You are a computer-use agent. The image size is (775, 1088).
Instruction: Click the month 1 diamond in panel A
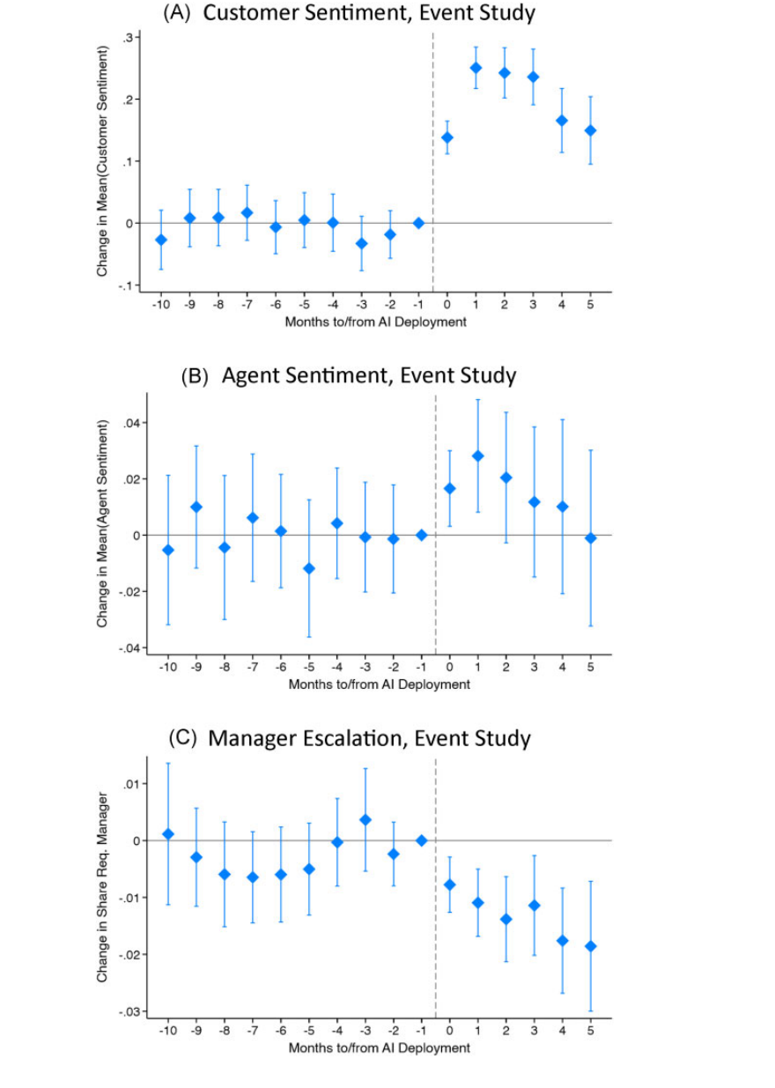476,68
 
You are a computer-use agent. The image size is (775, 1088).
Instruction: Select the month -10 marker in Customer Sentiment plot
161,240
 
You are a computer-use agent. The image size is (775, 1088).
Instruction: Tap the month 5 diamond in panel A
590,130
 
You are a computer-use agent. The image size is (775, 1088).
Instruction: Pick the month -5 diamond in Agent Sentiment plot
309,568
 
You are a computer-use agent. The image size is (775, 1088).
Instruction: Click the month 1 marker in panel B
478,455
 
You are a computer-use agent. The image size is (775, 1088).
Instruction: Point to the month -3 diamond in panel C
365,820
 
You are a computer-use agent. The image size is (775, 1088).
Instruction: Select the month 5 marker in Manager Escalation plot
590,946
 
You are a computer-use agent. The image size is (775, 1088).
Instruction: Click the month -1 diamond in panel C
422,840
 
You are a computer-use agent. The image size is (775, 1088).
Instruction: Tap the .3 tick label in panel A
127,38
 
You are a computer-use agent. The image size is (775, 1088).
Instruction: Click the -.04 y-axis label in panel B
129,648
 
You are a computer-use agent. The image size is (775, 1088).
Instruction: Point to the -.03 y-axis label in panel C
129,1011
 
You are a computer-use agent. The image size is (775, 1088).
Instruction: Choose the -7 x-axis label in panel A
247,305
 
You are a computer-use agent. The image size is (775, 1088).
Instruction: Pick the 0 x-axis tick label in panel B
450,667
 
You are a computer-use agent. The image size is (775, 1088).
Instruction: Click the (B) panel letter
195,376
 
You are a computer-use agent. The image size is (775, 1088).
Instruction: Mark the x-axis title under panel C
380,1047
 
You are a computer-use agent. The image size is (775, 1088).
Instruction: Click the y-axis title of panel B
102,524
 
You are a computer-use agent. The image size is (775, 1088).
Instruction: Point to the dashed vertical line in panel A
433,162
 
